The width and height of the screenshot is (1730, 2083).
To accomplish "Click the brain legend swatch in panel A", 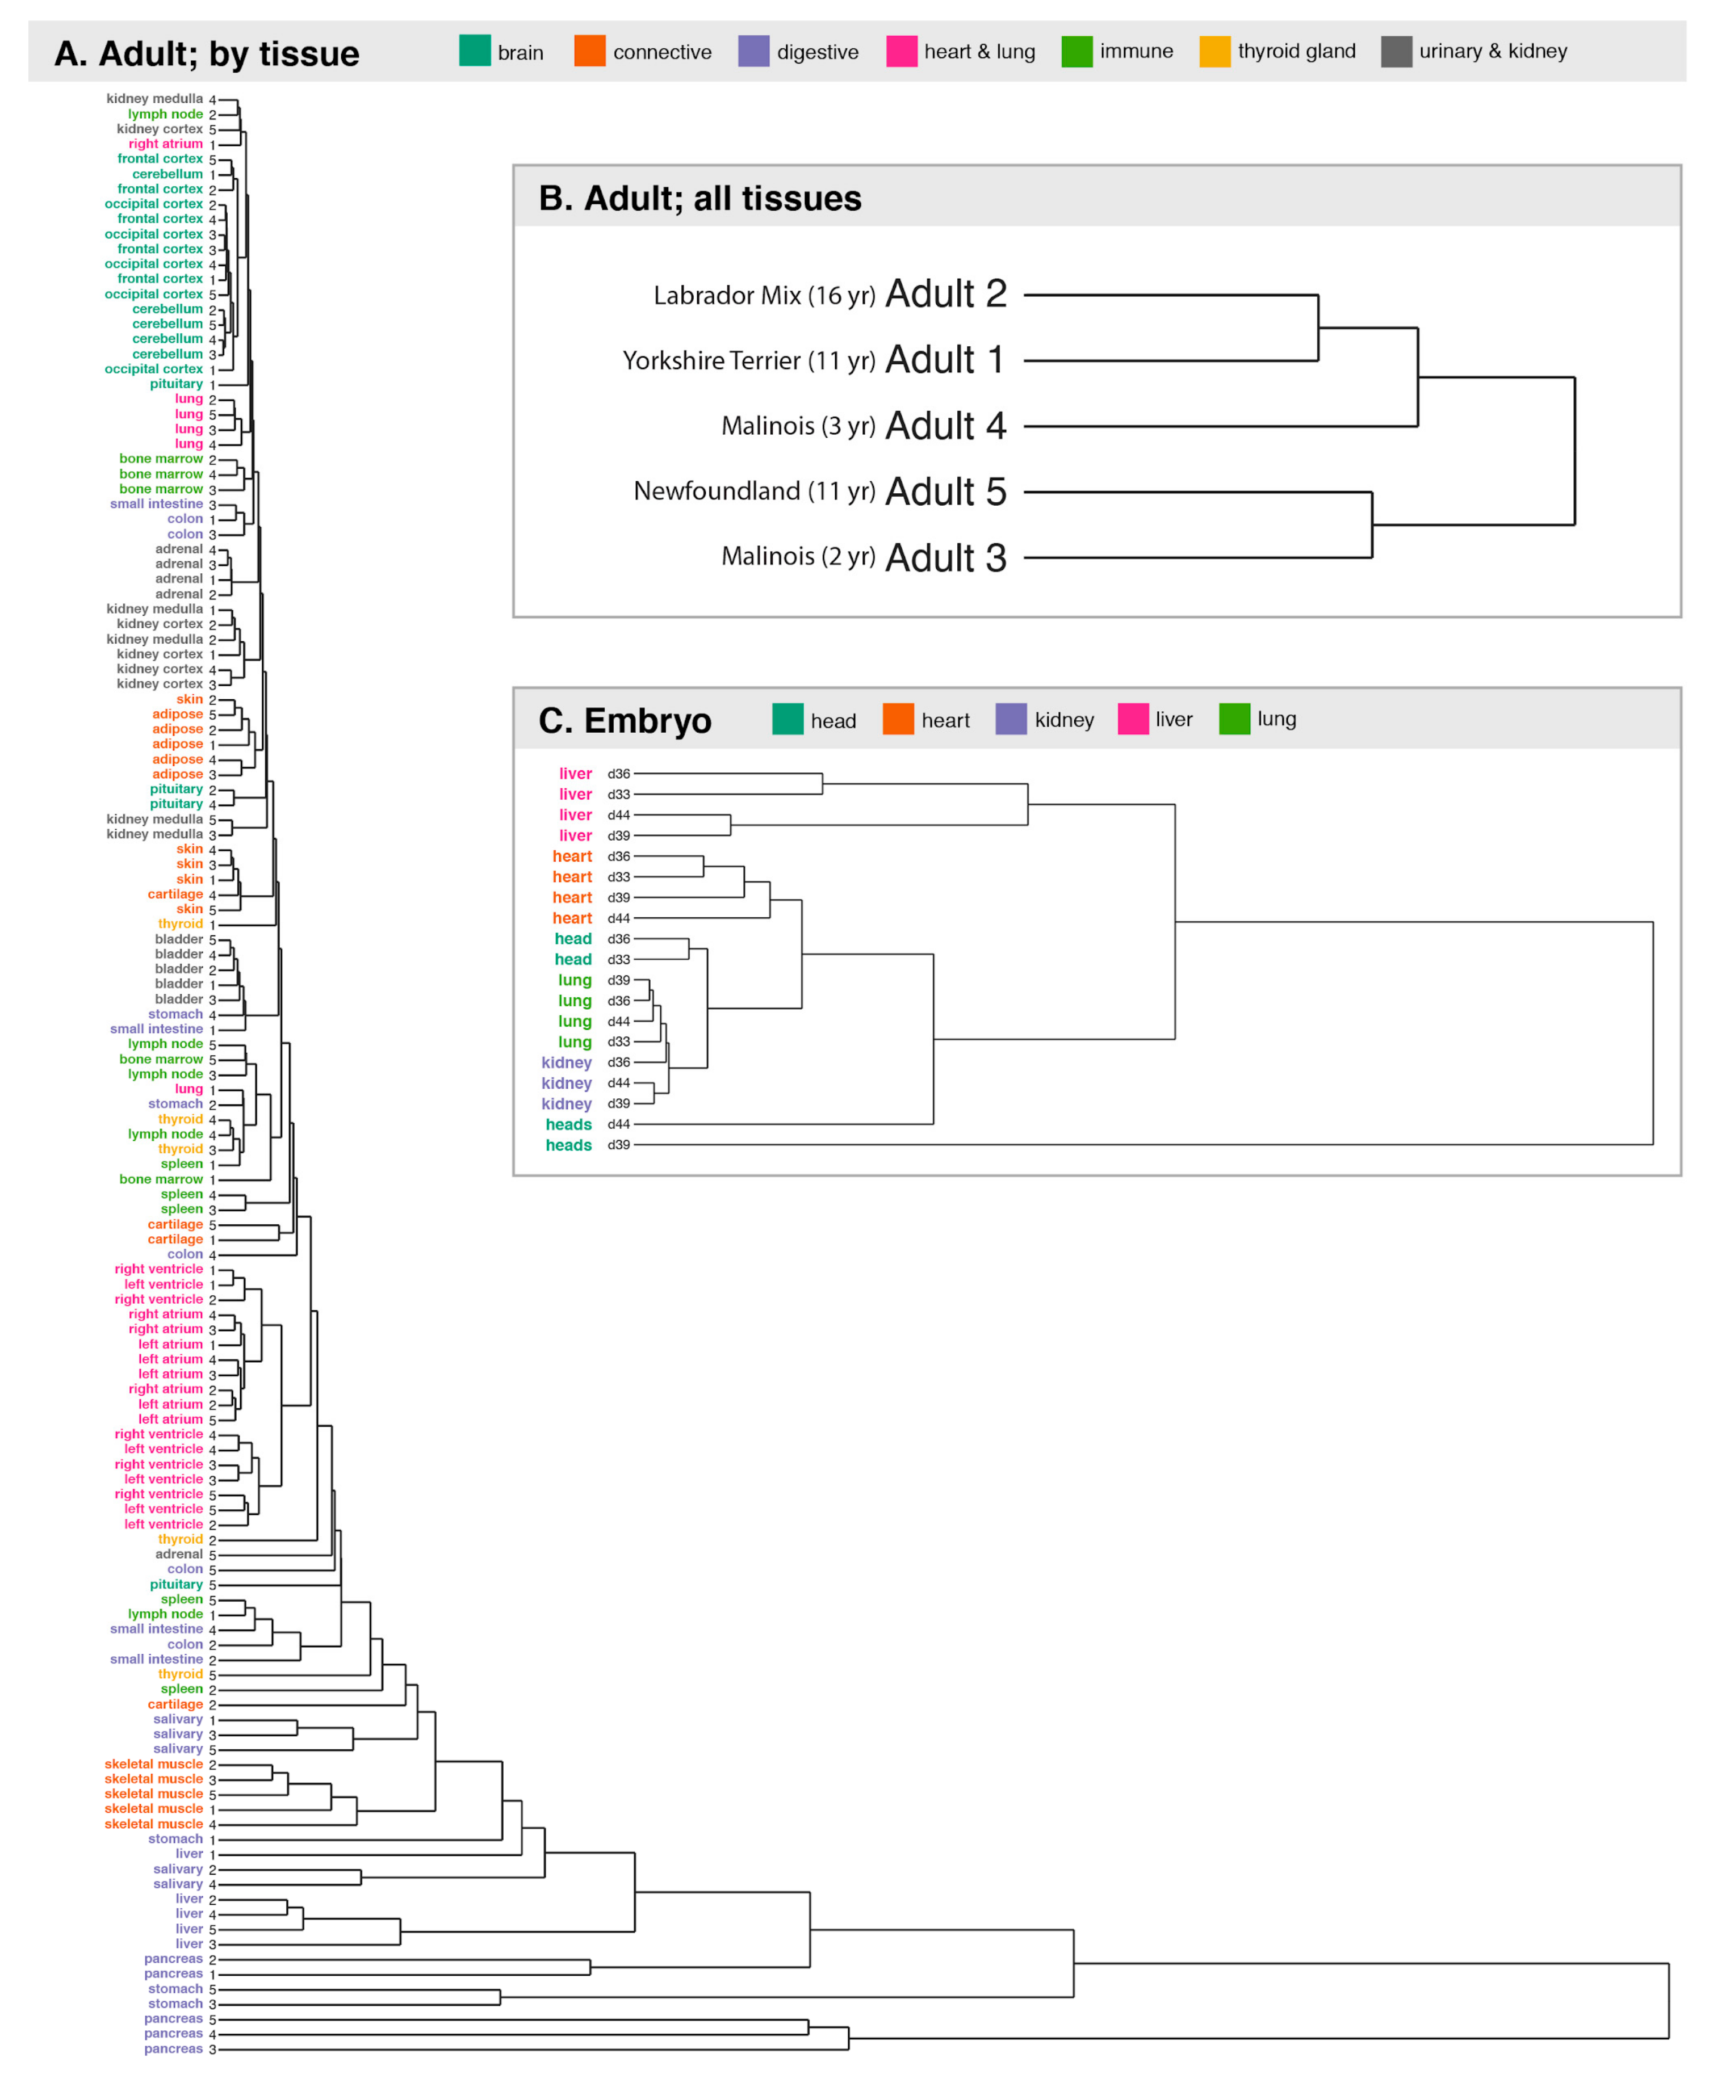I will click(474, 51).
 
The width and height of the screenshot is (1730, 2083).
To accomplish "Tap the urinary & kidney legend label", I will click(1492, 51).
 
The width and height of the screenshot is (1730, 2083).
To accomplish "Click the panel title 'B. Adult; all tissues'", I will click(699, 199).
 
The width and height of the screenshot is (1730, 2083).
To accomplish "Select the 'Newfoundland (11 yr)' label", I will click(754, 491).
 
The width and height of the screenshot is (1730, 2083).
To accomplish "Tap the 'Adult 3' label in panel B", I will click(945, 557).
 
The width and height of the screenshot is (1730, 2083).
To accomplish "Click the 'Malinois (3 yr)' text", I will click(798, 426).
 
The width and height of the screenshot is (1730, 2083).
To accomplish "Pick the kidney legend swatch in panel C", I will click(1011, 719).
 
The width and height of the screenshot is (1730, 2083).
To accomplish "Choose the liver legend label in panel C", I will click(1174, 719).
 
